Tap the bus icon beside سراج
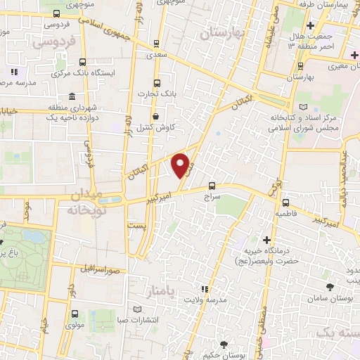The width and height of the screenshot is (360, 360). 212,186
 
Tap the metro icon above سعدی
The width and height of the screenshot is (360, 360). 156,41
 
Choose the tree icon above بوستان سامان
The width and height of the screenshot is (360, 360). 330,287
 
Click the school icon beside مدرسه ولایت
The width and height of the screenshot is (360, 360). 205,288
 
